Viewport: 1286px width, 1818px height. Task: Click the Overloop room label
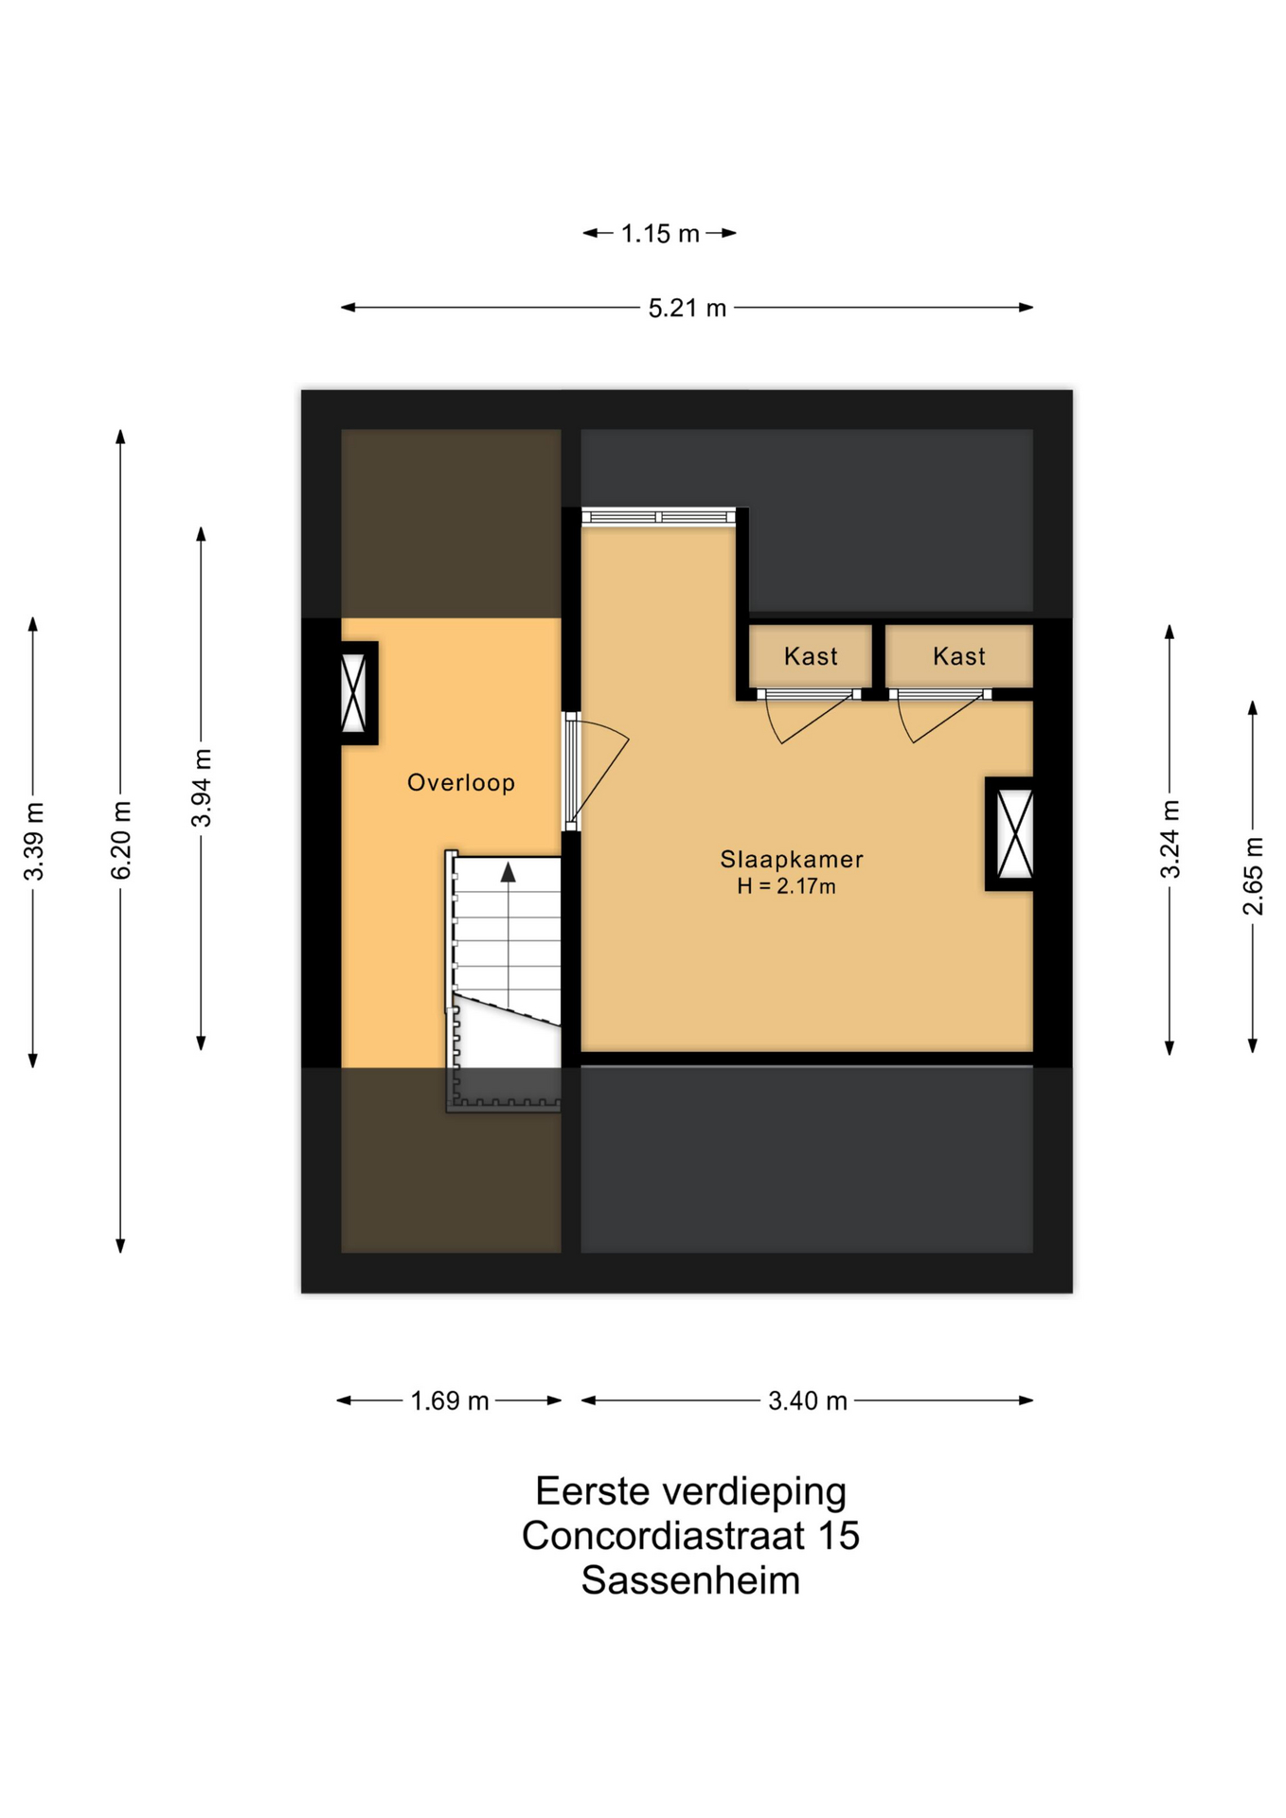pos(461,783)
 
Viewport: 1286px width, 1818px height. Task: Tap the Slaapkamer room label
pos(792,860)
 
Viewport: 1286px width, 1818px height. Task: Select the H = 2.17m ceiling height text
pos(787,886)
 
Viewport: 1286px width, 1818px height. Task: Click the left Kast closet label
pos(811,656)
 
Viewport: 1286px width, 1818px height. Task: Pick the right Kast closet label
pos(959,656)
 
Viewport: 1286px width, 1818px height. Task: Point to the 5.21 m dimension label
pos(688,309)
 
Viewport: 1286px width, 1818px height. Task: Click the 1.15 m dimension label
pos(660,234)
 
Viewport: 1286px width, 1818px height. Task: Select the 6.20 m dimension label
pos(121,840)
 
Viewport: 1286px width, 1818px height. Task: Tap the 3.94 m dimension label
pos(202,788)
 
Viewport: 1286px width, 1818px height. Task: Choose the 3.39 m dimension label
pos(34,841)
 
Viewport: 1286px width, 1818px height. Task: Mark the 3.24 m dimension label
pos(1170,839)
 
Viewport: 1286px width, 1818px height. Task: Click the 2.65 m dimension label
pos(1253,876)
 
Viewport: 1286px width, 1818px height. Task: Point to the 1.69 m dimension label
pos(450,1401)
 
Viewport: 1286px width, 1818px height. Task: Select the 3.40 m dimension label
pos(808,1401)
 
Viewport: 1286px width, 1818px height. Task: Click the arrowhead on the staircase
pos(509,872)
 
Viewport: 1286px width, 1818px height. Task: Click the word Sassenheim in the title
pos(690,1580)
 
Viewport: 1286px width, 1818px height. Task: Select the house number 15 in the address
pos(838,1536)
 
